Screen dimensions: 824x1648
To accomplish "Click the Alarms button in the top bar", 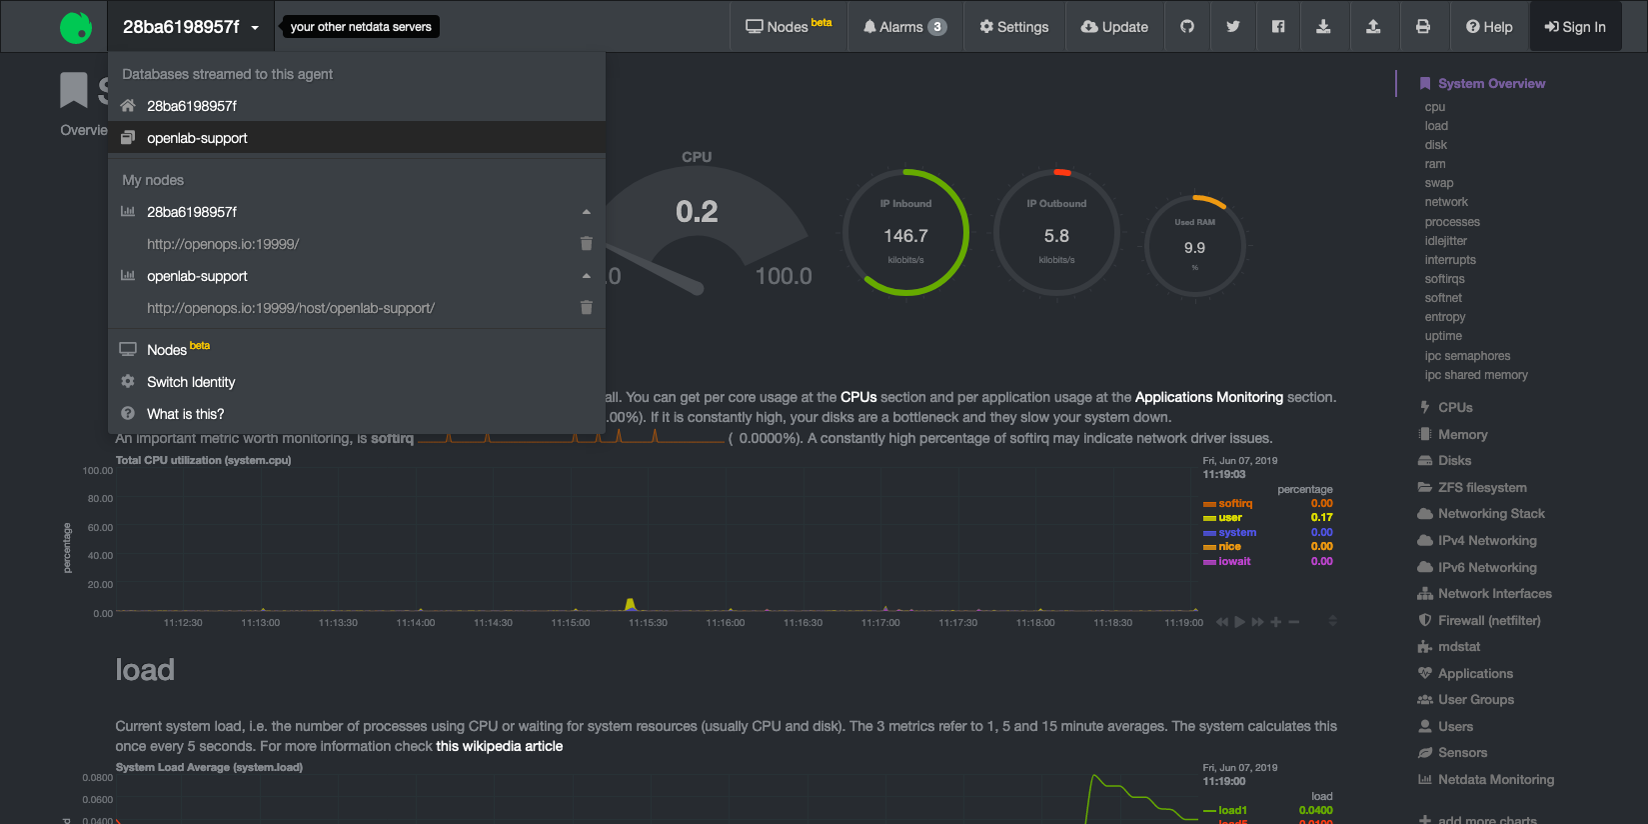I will click(x=904, y=27).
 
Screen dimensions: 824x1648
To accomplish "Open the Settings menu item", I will click(x=1014, y=27).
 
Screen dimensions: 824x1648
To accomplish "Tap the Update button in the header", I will click(x=1114, y=27).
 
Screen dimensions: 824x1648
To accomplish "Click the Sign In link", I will click(x=1575, y=27).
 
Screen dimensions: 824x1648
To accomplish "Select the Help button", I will click(x=1489, y=27).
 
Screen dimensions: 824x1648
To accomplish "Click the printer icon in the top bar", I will click(x=1423, y=27).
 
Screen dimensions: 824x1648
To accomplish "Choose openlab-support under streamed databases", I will click(x=197, y=138).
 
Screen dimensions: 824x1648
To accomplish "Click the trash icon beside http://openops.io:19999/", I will click(x=587, y=244).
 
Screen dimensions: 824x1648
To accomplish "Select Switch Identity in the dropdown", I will click(x=191, y=382).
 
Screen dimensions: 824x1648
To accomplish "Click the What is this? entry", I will click(x=185, y=414).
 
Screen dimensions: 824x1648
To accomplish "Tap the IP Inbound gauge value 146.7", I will click(x=905, y=236).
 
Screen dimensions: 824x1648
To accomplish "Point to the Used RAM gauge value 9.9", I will click(x=1194, y=248).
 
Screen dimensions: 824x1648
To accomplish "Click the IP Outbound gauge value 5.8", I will click(x=1056, y=236).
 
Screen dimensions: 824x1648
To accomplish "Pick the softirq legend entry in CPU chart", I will click(x=1235, y=504).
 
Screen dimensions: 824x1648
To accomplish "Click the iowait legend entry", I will click(x=1234, y=561).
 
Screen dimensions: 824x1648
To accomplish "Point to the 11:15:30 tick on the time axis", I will click(x=648, y=623).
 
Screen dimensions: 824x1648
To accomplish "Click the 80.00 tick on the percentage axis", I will click(x=100, y=499).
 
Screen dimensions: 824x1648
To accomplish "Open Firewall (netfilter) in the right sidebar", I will click(x=1489, y=621).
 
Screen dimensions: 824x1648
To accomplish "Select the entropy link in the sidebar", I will click(x=1445, y=317).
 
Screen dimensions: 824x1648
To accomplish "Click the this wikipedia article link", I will click(x=499, y=746).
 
